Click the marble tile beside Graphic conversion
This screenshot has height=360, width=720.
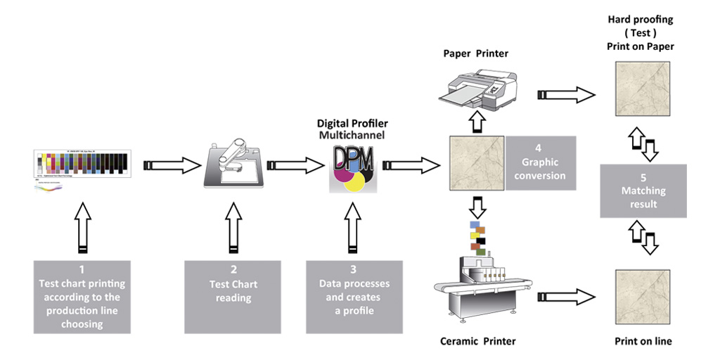coord(476,164)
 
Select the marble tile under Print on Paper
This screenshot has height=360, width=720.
coord(643,88)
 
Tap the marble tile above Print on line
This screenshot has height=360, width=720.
coord(643,295)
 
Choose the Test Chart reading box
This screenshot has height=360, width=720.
coord(233,297)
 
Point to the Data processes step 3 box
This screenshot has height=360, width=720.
coord(354,297)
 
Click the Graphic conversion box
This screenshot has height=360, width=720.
coord(540,163)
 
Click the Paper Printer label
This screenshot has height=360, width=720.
coord(475,53)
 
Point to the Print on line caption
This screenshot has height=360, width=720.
coord(643,341)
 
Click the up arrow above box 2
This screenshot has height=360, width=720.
coord(233,226)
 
